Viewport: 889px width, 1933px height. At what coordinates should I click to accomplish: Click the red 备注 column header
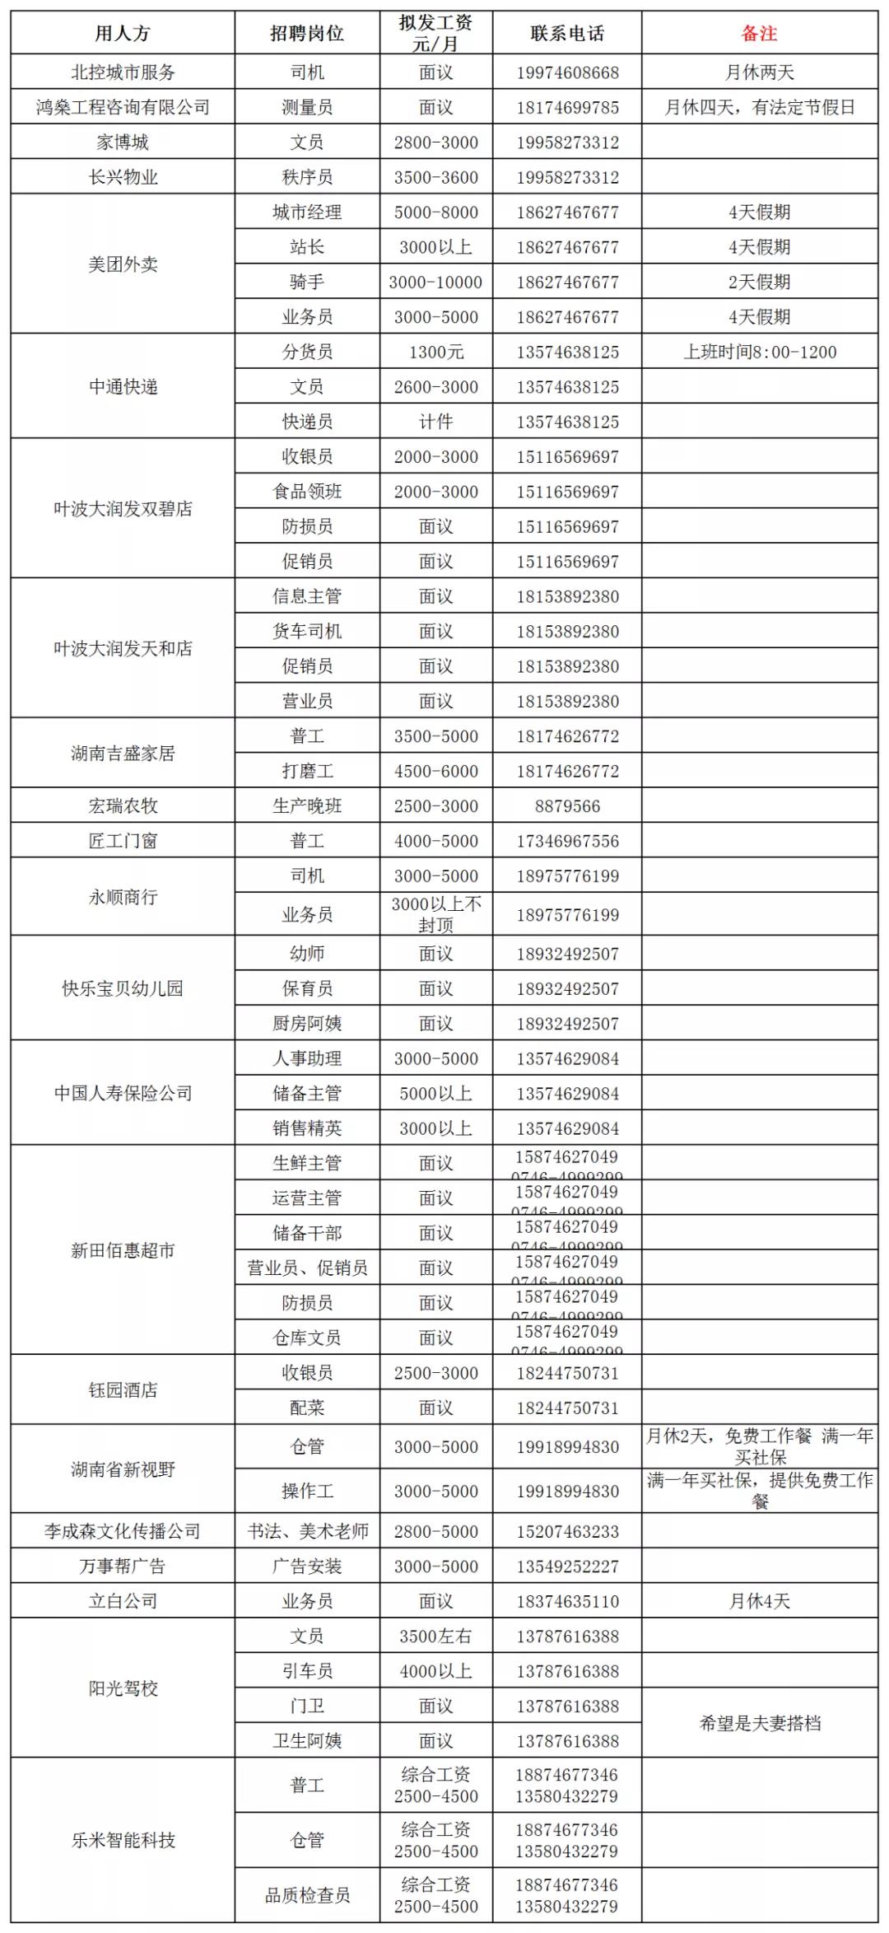(759, 34)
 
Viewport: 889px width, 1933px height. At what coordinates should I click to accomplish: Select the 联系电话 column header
(567, 34)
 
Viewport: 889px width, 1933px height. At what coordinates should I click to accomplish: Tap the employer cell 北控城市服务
(123, 72)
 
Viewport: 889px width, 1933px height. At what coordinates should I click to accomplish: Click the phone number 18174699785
(567, 108)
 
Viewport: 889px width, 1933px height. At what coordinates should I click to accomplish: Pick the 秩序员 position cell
(307, 177)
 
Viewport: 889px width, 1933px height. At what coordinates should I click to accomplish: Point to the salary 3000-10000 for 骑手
(435, 282)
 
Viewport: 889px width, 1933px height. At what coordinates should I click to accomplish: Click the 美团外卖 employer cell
(123, 264)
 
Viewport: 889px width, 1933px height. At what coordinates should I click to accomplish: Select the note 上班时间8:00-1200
(759, 353)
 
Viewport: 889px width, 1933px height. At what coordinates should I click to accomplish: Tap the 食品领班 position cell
(307, 492)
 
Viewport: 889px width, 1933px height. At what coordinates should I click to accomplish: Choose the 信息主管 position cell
(307, 596)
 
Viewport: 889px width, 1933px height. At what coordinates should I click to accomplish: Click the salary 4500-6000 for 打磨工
(435, 771)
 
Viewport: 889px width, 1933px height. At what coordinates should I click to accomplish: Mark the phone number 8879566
(567, 806)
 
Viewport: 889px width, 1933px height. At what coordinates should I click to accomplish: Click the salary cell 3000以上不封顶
(435, 914)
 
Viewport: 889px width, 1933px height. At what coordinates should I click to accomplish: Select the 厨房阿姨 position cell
(307, 1024)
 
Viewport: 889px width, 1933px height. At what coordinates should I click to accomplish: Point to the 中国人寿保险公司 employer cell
(123, 1093)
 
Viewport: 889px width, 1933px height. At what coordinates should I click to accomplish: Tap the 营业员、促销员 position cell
(307, 1268)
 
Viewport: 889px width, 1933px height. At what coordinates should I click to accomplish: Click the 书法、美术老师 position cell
(307, 1531)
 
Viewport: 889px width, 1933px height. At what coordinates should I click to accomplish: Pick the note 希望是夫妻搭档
(759, 1723)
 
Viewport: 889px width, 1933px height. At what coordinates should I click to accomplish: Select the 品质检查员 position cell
(307, 1894)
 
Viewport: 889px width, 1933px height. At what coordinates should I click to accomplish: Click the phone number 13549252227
(567, 1566)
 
